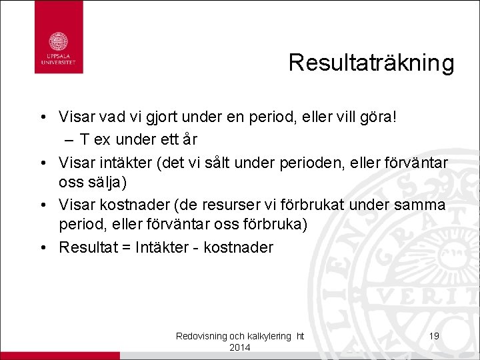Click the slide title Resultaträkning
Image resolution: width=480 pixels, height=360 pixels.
point(371,63)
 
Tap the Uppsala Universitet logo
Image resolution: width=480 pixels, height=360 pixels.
point(59,37)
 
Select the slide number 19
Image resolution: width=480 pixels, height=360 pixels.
point(434,336)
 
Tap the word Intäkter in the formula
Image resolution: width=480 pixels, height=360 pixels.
point(161,247)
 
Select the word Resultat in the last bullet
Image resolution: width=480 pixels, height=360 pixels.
point(86,247)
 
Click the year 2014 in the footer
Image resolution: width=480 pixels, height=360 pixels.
point(239,348)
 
